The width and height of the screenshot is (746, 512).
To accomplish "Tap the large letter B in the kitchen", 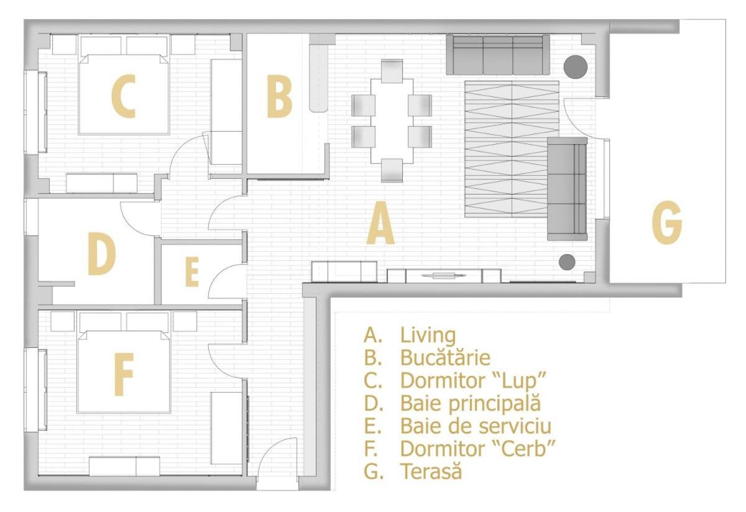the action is [279, 96].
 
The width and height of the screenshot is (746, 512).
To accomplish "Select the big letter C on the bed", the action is [124, 96].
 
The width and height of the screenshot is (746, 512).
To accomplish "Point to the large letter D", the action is [101, 254].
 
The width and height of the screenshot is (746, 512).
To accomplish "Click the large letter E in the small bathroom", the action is [193, 272].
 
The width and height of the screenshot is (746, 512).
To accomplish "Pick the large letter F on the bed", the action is [124, 374].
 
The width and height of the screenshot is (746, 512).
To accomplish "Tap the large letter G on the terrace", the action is [666, 222].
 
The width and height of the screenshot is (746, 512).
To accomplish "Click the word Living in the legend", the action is [428, 336].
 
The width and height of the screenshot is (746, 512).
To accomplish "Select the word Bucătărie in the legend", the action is [445, 357].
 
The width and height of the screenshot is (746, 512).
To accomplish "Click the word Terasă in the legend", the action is [431, 471].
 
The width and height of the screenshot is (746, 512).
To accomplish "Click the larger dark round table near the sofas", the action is [575, 67].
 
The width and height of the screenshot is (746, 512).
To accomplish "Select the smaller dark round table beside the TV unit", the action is [567, 262].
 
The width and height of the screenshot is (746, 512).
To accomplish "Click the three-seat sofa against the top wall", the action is [498, 55].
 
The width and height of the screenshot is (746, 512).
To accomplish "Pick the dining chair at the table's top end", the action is [392, 71].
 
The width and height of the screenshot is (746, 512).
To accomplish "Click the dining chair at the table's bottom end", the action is [392, 170].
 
